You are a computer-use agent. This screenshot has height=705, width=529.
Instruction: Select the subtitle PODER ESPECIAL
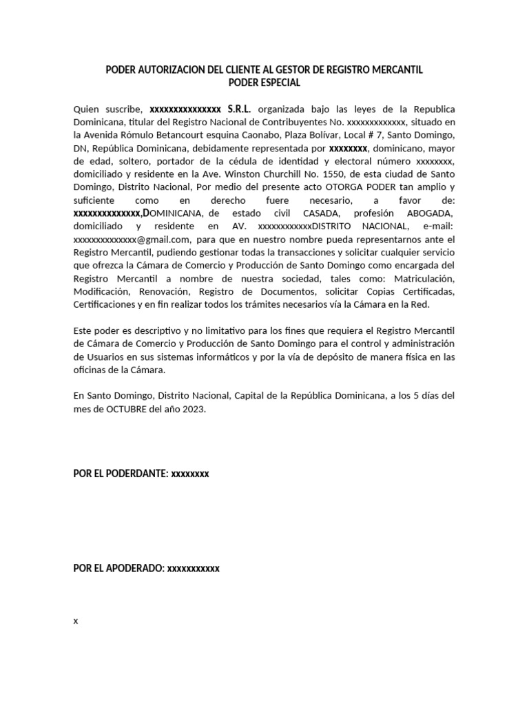point(264,83)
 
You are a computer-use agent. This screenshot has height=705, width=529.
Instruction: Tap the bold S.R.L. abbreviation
point(240,109)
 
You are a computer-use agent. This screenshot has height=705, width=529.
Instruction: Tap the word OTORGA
point(315,188)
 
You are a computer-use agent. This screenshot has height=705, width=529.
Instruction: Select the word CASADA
point(321,214)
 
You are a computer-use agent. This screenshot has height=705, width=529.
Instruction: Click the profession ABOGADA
point(431,214)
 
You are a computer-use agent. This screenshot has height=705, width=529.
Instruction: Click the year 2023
point(194,409)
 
